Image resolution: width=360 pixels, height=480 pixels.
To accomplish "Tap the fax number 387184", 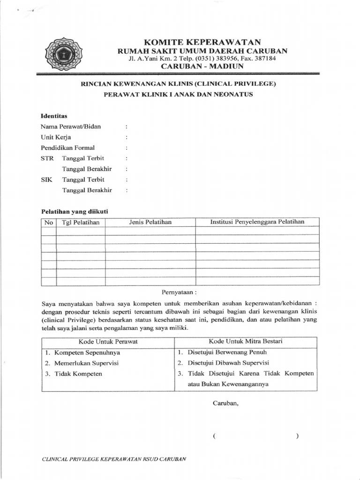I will pos(264,59).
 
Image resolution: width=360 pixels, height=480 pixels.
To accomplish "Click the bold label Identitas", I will pos(54,115).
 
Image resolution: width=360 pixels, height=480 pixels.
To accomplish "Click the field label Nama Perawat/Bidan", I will pos(71,127).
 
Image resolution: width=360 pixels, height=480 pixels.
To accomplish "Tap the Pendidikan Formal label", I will pos(67,148).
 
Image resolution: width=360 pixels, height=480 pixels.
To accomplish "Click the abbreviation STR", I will pos(47,158).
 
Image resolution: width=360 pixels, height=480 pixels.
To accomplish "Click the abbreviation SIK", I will pos(46,180).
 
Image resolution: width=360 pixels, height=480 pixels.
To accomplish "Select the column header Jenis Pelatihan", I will pos(150,222).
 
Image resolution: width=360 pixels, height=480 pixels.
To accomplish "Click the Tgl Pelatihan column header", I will pos(81,222).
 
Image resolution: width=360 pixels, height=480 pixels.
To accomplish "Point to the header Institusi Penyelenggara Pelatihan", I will pos(257,222).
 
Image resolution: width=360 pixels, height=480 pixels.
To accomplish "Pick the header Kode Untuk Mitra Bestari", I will pos(246,341).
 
